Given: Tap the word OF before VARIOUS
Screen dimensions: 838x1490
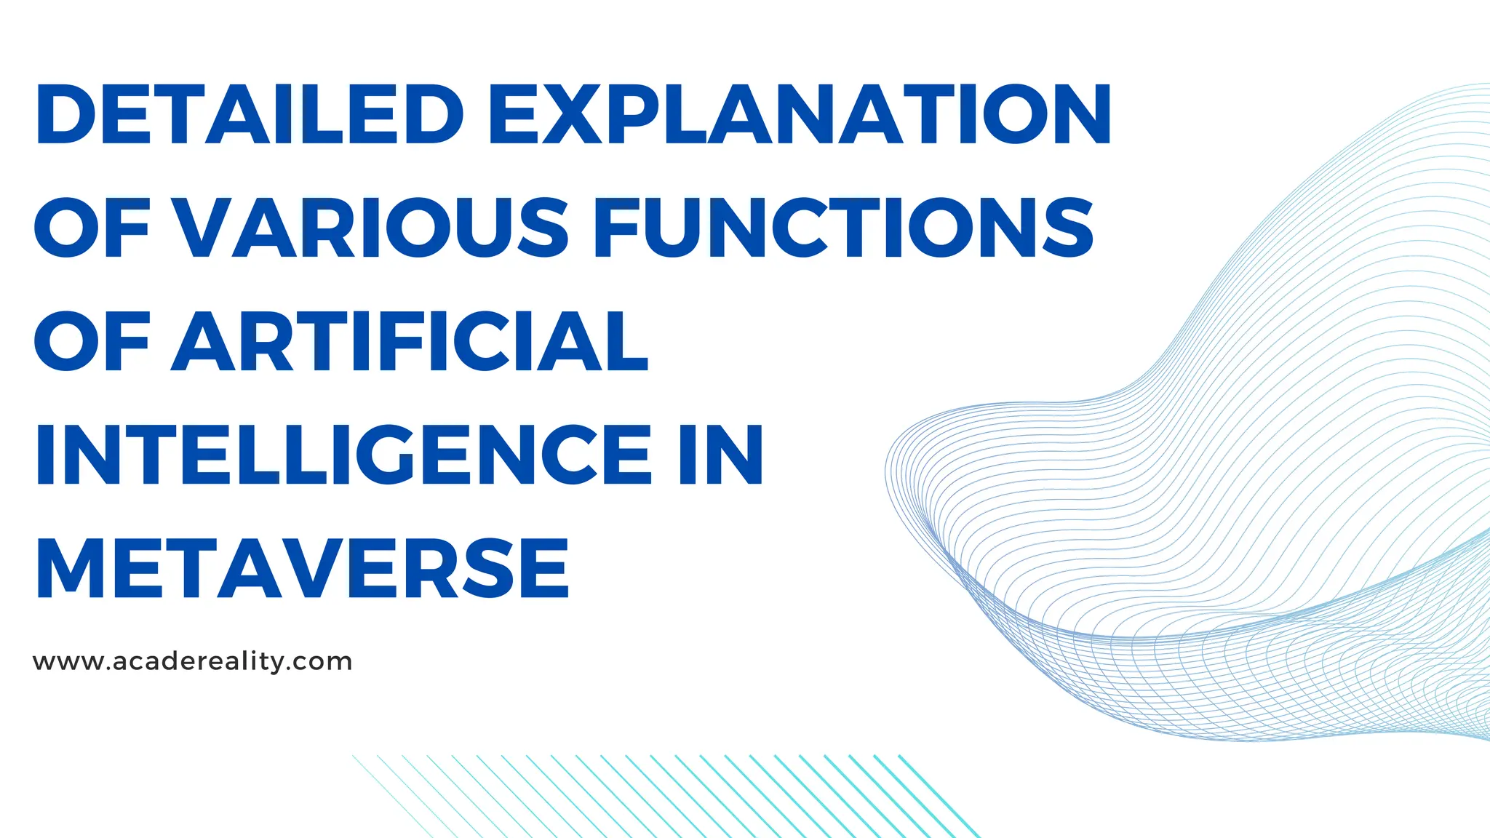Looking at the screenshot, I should pyautogui.click(x=92, y=228).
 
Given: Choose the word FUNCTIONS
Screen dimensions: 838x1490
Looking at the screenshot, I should pyautogui.click(x=844, y=228).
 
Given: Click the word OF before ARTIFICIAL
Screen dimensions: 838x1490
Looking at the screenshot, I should pyautogui.click(x=92, y=341).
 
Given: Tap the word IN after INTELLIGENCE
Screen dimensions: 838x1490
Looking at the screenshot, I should pyautogui.click(x=721, y=455).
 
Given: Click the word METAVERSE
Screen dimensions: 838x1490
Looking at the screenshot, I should pyautogui.click(x=302, y=568).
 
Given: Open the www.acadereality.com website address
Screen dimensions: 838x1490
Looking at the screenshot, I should pyautogui.click(x=193, y=662).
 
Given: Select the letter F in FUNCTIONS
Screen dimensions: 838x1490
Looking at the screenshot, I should pyautogui.click(x=617, y=228).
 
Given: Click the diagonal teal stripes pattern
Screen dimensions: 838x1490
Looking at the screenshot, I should pyautogui.click(x=662, y=796).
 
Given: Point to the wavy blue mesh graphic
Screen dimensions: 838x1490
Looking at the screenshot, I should pyautogui.click(x=1237, y=509).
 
